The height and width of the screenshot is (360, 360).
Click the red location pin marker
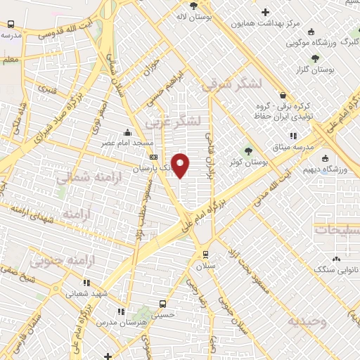coord(181,165)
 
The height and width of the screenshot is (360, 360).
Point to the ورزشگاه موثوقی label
coord(311,43)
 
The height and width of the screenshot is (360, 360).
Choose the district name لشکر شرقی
coord(231,84)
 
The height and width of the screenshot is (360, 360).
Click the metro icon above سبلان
coord(205,255)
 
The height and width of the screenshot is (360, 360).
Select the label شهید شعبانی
coord(86,293)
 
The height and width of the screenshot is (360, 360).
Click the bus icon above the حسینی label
coord(163,304)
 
